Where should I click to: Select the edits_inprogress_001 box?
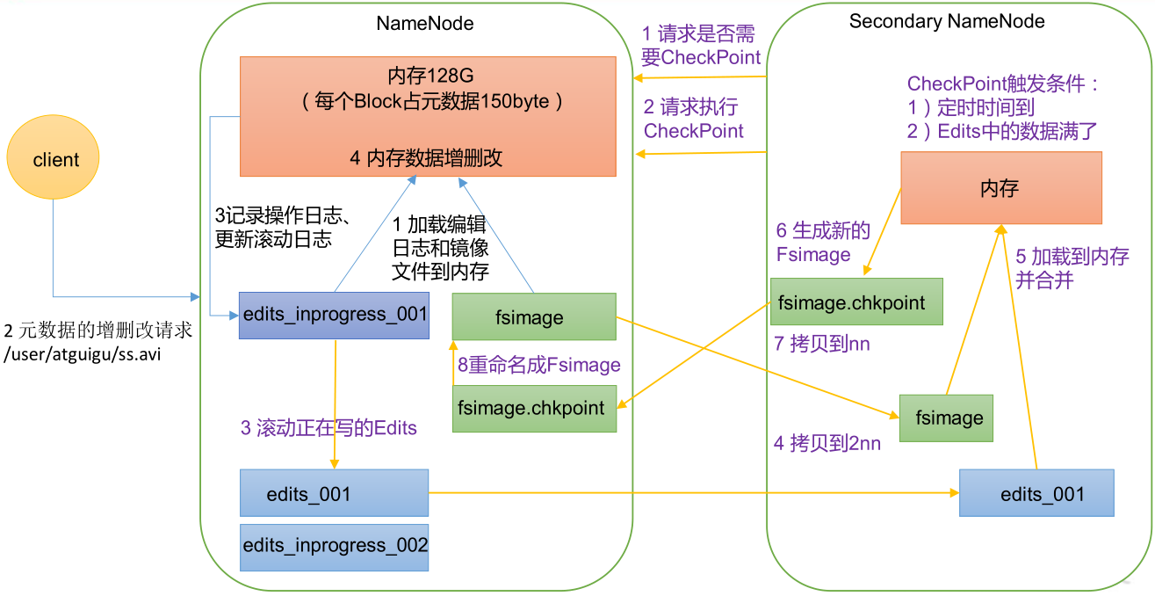(x=334, y=315)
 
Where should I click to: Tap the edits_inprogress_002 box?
(x=334, y=545)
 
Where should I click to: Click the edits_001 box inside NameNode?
(x=334, y=493)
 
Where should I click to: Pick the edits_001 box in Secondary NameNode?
(x=1036, y=493)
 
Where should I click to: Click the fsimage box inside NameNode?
(x=534, y=316)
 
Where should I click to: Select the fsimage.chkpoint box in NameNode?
(x=534, y=408)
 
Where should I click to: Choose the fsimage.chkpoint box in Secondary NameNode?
(x=855, y=302)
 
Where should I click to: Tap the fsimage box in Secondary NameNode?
(x=946, y=418)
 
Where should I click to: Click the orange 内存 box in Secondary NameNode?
(x=1000, y=187)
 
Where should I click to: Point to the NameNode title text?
(x=425, y=24)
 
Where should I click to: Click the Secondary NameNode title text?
(x=947, y=21)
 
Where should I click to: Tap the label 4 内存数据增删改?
(x=426, y=158)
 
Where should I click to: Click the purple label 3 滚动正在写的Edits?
(x=328, y=428)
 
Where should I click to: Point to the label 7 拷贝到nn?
(x=821, y=344)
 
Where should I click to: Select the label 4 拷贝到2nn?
(x=827, y=444)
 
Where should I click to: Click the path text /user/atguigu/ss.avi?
(x=84, y=355)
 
